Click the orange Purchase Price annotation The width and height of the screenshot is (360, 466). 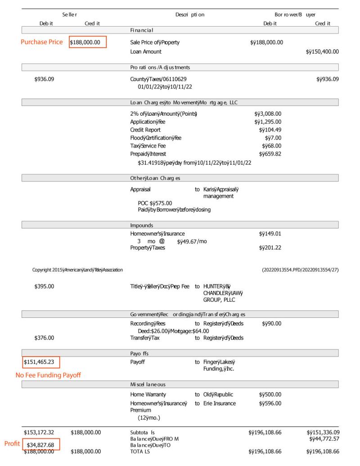click(41, 42)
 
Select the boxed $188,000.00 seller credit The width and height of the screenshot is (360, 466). click(88, 42)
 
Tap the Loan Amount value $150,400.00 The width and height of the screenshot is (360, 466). click(322, 52)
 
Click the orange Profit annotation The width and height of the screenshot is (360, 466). click(12, 444)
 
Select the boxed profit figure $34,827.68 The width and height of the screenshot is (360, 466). click(41, 445)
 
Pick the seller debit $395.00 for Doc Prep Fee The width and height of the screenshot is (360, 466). click(44, 286)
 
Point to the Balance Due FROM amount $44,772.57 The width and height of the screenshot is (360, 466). click(323, 439)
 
